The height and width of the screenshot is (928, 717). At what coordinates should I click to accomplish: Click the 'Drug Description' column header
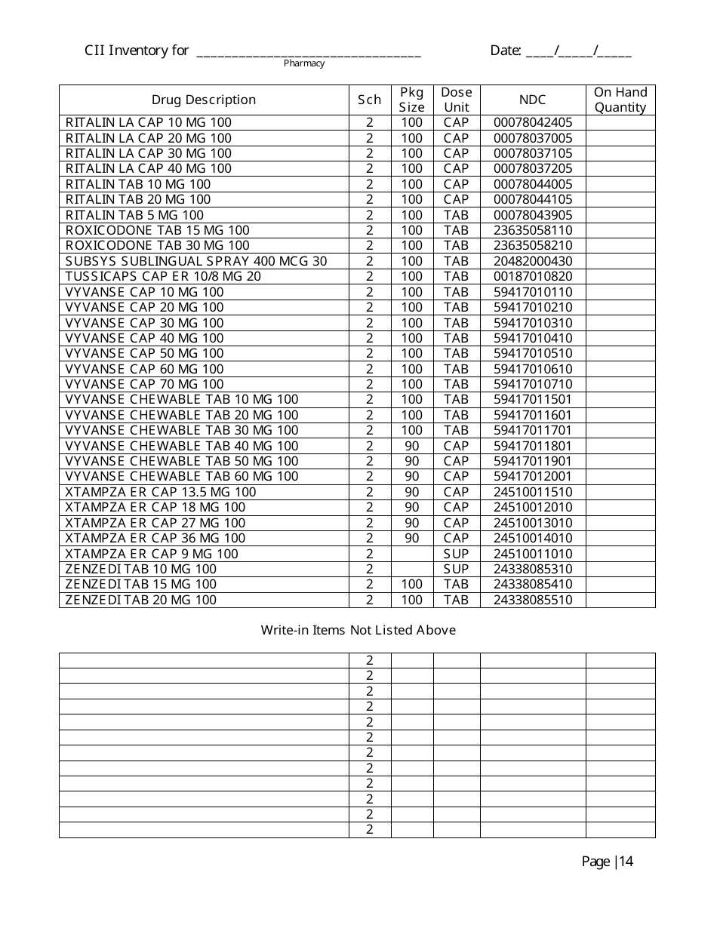click(x=204, y=100)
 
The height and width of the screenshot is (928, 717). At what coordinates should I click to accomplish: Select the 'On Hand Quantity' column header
click(x=620, y=100)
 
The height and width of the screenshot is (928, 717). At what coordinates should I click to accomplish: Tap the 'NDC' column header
click(x=532, y=100)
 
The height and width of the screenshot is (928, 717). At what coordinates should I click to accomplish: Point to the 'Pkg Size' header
click(x=411, y=100)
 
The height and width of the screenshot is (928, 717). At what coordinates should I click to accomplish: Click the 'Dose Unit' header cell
click(x=456, y=100)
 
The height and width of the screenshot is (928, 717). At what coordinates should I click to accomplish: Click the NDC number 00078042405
click(x=533, y=122)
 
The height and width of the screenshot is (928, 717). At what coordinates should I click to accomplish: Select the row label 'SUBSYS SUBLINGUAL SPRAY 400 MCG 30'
click(x=196, y=261)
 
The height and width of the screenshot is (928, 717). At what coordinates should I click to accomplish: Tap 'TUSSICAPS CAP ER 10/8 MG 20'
click(x=163, y=276)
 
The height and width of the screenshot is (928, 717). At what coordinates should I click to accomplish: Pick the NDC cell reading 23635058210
click(x=533, y=245)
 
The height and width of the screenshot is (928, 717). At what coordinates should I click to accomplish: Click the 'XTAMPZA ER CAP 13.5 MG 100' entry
click(x=161, y=492)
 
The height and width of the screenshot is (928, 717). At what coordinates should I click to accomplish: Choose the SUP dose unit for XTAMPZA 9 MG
click(x=456, y=554)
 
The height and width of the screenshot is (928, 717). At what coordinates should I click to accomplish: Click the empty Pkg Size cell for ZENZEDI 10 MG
click(x=411, y=569)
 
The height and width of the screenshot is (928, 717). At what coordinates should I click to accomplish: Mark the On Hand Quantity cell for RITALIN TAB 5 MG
click(x=620, y=215)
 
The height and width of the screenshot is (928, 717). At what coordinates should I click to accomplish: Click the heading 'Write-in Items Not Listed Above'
click(x=358, y=630)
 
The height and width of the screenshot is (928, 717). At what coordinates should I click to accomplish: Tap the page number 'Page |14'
click(x=607, y=862)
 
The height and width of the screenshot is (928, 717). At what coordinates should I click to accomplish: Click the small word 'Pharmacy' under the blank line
click(x=304, y=63)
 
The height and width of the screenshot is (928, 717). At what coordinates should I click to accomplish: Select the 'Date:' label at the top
click(x=506, y=51)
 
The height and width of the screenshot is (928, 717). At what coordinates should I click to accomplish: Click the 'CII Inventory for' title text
click(x=137, y=51)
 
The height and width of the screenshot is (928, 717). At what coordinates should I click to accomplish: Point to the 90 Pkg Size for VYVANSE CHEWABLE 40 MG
click(x=411, y=446)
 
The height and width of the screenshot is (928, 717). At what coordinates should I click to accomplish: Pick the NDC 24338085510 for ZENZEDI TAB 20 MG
click(x=533, y=600)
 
